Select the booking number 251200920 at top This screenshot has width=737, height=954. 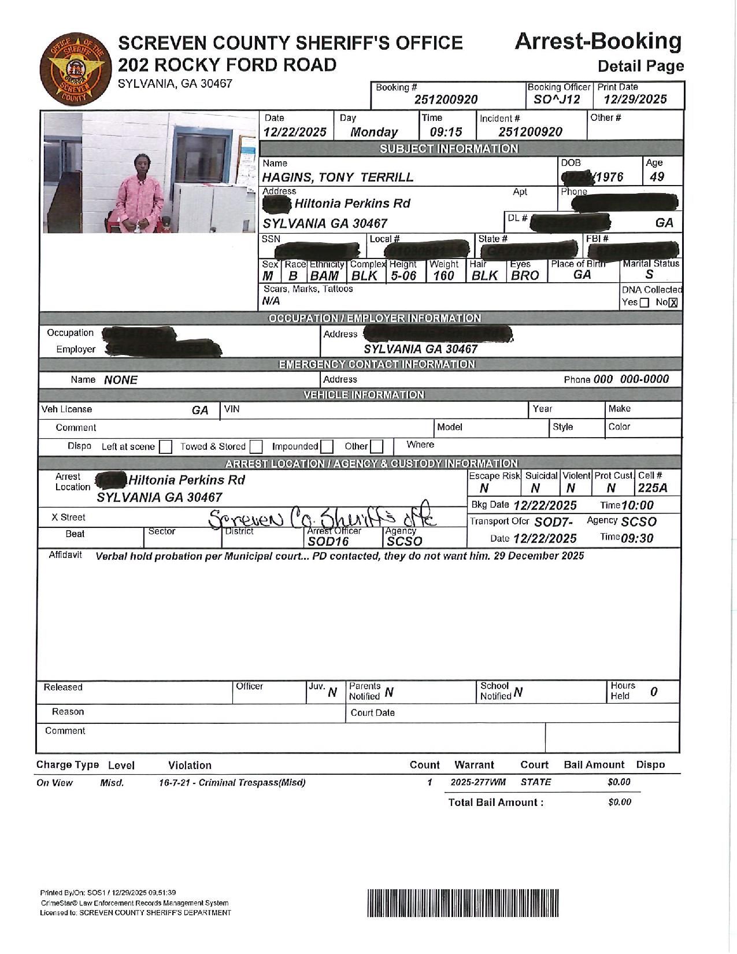(446, 99)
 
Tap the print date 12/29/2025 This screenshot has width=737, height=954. (635, 99)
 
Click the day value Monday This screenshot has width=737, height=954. (374, 132)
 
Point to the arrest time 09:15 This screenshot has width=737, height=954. (446, 132)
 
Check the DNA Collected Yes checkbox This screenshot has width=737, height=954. (645, 302)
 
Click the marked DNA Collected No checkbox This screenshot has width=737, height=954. (673, 302)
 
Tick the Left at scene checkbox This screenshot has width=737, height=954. (165, 447)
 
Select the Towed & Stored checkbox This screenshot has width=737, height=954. (256, 447)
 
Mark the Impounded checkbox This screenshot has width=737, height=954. (327, 447)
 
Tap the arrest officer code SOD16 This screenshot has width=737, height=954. (328, 542)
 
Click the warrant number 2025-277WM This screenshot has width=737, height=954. (478, 782)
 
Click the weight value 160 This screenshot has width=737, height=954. (443, 276)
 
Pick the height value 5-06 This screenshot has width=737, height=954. (403, 276)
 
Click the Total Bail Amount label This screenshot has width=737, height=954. (496, 803)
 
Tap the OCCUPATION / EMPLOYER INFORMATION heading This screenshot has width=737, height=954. (375, 319)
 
